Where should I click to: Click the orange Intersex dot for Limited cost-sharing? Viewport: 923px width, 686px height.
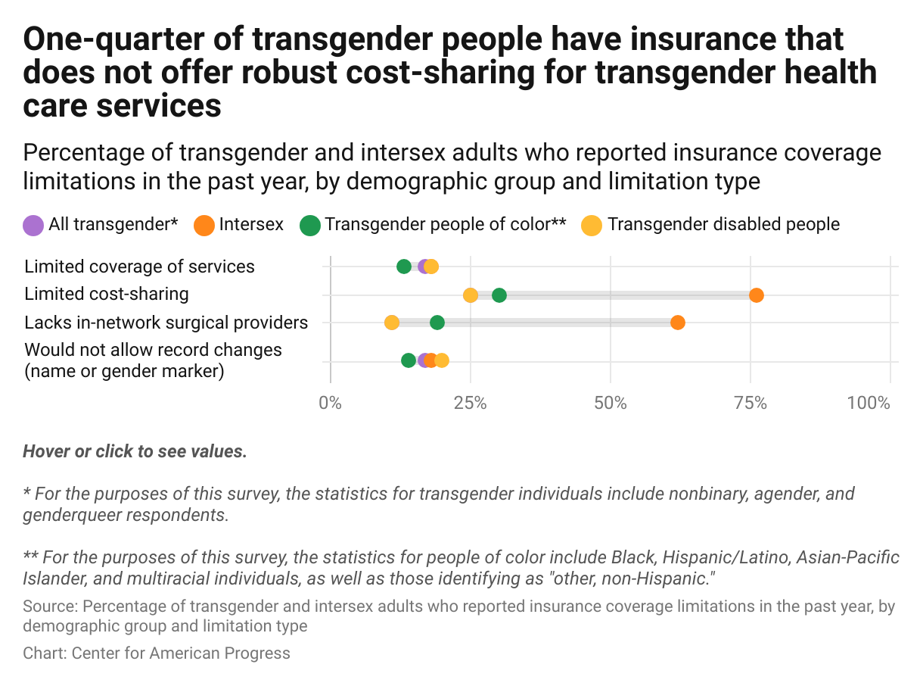click(756, 295)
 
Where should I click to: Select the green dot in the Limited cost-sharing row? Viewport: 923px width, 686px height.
click(499, 295)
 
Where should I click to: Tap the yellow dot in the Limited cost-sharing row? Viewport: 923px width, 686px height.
click(471, 295)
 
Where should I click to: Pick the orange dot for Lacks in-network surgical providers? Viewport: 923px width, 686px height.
click(678, 323)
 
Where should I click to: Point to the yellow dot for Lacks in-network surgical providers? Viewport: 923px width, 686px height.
click(392, 323)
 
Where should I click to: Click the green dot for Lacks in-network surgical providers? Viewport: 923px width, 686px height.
click(437, 323)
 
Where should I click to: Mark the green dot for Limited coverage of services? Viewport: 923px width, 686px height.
click(404, 267)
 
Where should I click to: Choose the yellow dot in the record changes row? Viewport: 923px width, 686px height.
click(442, 360)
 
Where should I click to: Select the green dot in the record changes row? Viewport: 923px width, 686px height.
click(409, 360)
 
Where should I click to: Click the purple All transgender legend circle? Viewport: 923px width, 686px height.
click(33, 225)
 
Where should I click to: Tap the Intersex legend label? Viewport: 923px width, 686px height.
click(251, 225)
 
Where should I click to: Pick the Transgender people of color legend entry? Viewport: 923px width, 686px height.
click(445, 225)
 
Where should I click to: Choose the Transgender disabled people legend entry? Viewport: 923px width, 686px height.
click(723, 225)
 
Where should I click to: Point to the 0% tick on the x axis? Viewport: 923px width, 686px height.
click(331, 403)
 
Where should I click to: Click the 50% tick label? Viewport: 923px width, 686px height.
click(611, 403)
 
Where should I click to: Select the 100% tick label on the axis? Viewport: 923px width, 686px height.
click(869, 403)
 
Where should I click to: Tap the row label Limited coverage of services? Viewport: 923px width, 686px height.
click(140, 267)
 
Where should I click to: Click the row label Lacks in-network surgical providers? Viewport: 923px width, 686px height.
click(166, 323)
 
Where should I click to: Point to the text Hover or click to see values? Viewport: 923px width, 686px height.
click(135, 452)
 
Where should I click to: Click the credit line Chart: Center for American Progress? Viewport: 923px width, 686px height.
click(157, 653)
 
